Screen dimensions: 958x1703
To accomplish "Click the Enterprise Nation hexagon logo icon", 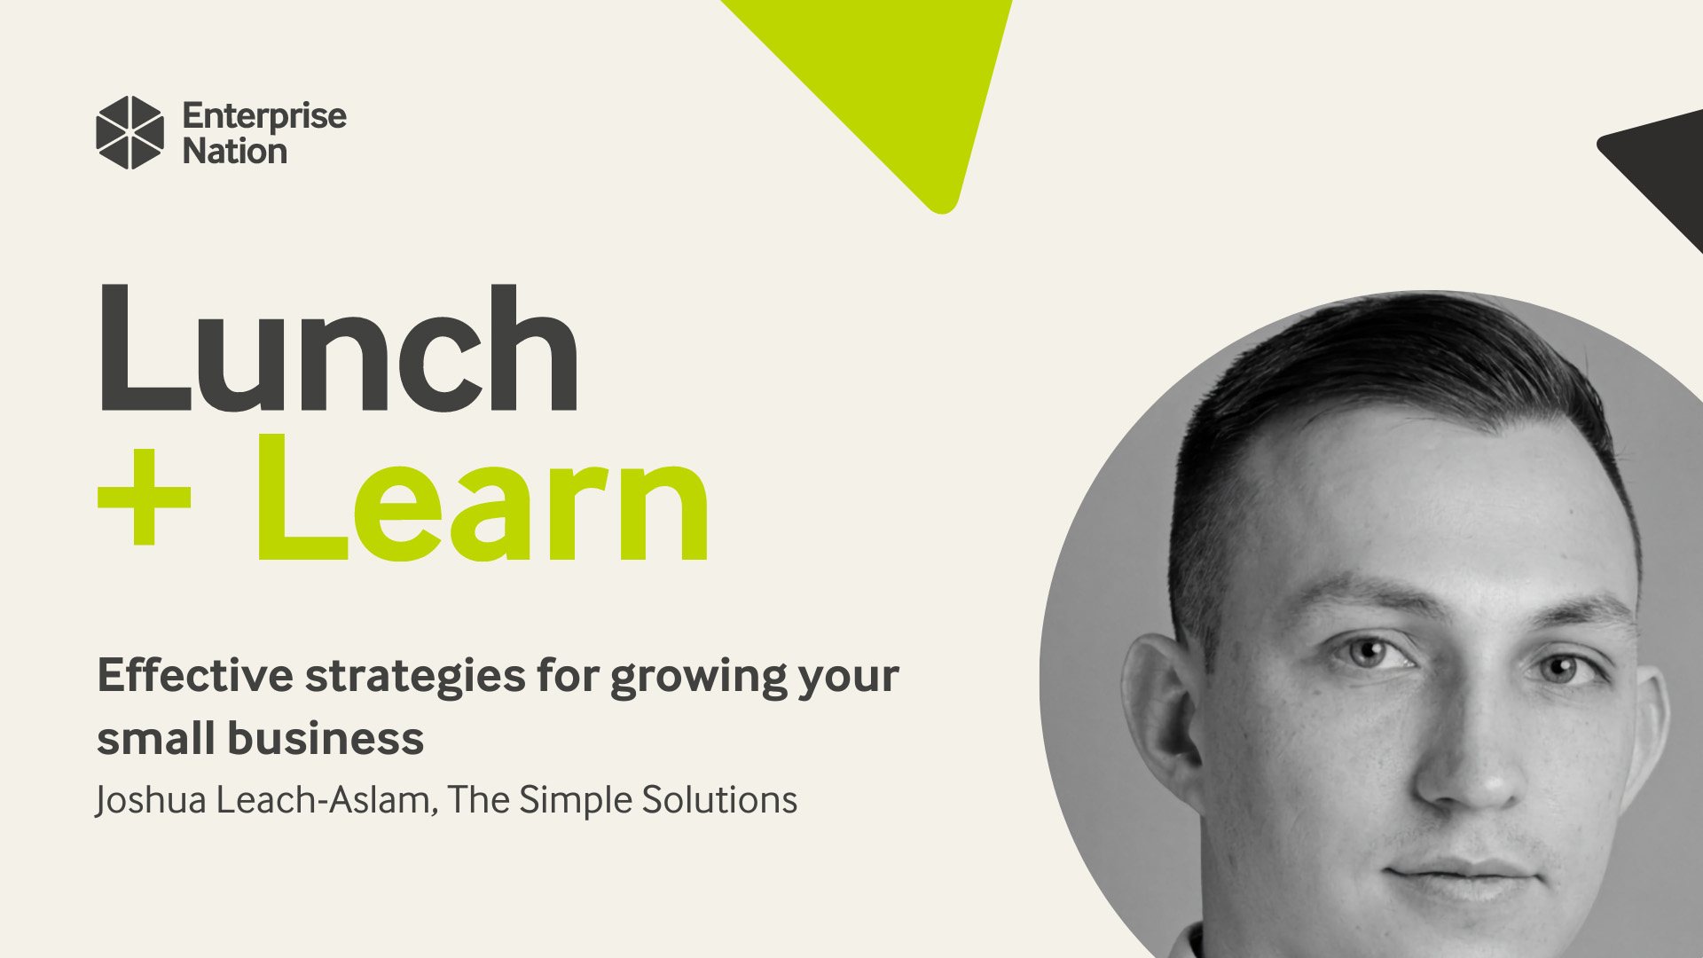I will coord(129,132).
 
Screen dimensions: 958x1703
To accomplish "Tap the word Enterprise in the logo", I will coord(263,116).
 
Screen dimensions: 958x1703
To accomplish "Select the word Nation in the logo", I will coord(234,152).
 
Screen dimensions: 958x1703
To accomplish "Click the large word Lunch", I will coord(337,349).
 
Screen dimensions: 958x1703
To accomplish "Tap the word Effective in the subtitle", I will coord(194,676).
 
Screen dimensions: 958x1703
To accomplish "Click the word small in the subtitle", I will coord(147,738).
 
